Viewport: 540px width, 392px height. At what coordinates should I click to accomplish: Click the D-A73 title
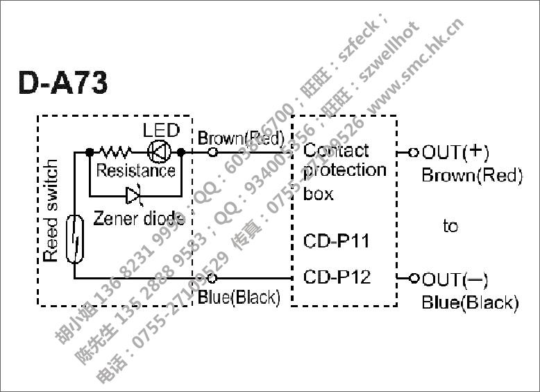63,83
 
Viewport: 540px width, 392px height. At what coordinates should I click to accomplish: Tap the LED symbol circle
159,151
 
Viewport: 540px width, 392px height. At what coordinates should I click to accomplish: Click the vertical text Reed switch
51,211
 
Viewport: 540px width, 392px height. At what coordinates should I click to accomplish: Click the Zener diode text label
139,218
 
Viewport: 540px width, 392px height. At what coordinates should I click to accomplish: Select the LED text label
161,130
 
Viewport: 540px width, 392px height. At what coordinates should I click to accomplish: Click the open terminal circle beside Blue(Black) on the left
212,278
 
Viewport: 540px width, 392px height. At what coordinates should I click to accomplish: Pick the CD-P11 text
337,242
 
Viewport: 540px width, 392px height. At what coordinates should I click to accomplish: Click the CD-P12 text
337,278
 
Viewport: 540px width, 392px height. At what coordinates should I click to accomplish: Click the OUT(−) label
455,279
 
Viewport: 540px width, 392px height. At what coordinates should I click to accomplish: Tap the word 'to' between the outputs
450,226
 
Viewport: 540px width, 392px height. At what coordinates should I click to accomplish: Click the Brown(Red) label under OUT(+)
472,175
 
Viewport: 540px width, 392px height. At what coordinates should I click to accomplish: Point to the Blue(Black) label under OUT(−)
470,303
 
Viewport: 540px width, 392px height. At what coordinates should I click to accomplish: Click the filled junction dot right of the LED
180,151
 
